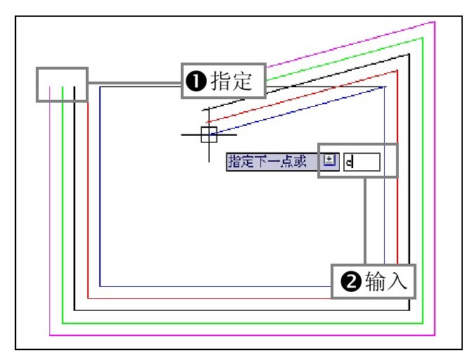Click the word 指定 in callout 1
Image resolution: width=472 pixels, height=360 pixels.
click(x=231, y=82)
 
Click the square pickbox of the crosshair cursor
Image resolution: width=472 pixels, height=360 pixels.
click(x=209, y=134)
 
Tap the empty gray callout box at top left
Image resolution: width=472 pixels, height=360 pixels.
click(x=62, y=84)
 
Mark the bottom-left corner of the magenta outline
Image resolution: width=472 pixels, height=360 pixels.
click(x=49, y=335)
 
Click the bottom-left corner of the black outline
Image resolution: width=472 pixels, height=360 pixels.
click(x=75, y=310)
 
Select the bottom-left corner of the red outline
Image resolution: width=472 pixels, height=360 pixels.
click(x=87, y=298)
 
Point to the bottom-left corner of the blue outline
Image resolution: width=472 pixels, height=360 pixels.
click(x=100, y=286)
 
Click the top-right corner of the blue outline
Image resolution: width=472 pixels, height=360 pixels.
click(x=385, y=87)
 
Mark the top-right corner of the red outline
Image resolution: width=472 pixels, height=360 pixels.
click(x=397, y=70)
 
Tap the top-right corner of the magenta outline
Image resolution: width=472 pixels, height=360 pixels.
click(x=435, y=22)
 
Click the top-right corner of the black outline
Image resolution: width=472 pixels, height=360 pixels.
click(x=409, y=53)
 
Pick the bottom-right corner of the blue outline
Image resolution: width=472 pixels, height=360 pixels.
click(x=385, y=286)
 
